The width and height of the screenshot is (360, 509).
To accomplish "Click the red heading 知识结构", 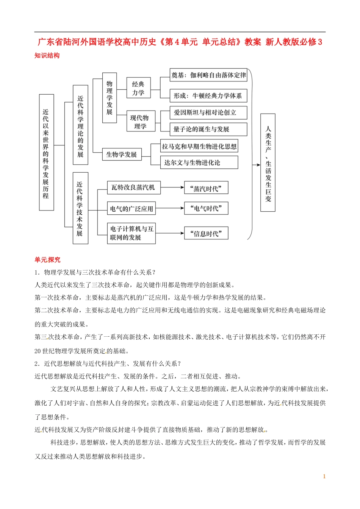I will (x=47, y=55).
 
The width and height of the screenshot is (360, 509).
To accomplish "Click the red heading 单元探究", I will (x=47, y=259).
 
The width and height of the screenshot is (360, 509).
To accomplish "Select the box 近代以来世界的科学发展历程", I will (x=46, y=152).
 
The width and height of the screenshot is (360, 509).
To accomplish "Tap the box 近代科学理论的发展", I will (x=80, y=125).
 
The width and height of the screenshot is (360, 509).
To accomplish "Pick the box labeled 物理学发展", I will (x=110, y=98).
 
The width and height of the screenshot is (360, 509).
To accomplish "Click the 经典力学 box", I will (x=138, y=88).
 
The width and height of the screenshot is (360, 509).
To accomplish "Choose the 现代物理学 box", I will (x=141, y=122).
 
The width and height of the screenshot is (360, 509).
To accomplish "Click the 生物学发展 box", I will (x=122, y=154).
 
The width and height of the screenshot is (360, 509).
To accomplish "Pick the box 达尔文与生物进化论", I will (x=199, y=162).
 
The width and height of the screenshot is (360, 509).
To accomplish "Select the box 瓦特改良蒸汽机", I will (x=133, y=187).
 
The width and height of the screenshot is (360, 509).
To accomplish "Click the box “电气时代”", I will (x=206, y=208).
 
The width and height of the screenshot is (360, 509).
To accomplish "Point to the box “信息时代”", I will (x=206, y=233).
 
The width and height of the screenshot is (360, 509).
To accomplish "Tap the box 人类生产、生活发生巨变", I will (x=268, y=162).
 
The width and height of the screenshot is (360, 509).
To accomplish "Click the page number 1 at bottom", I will (x=324, y=476).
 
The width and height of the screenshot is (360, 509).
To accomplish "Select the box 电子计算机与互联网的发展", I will (x=131, y=233).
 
